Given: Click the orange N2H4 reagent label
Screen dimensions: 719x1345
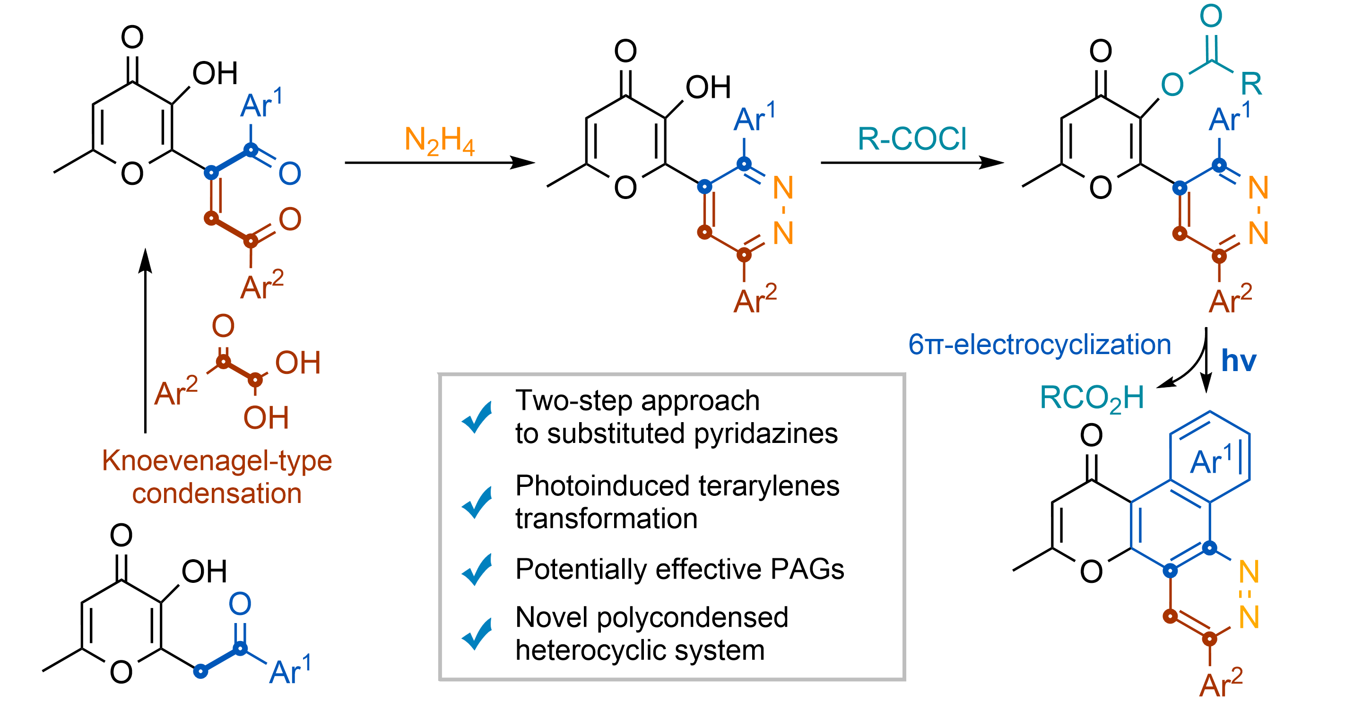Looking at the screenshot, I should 439,141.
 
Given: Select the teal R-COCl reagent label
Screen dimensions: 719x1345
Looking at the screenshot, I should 911,139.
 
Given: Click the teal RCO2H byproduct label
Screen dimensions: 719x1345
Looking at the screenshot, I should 1091,398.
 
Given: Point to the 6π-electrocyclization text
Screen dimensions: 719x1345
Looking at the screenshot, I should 1039,345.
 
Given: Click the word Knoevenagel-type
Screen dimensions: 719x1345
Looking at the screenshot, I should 217,461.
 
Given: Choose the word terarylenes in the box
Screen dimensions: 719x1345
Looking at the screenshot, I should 769,485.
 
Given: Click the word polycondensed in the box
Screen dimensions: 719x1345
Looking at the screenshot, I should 692,617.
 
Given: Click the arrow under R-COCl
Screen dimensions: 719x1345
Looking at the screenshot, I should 911,163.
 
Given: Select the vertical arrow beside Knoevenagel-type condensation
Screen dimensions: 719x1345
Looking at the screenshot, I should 145,339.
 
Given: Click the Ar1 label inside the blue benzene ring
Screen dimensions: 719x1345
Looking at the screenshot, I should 1211,461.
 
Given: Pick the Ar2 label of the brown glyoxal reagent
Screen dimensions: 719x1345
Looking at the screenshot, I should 176,392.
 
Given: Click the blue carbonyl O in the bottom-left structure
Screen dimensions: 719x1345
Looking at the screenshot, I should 240,604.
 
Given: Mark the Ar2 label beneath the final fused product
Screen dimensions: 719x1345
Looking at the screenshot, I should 1221,684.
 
